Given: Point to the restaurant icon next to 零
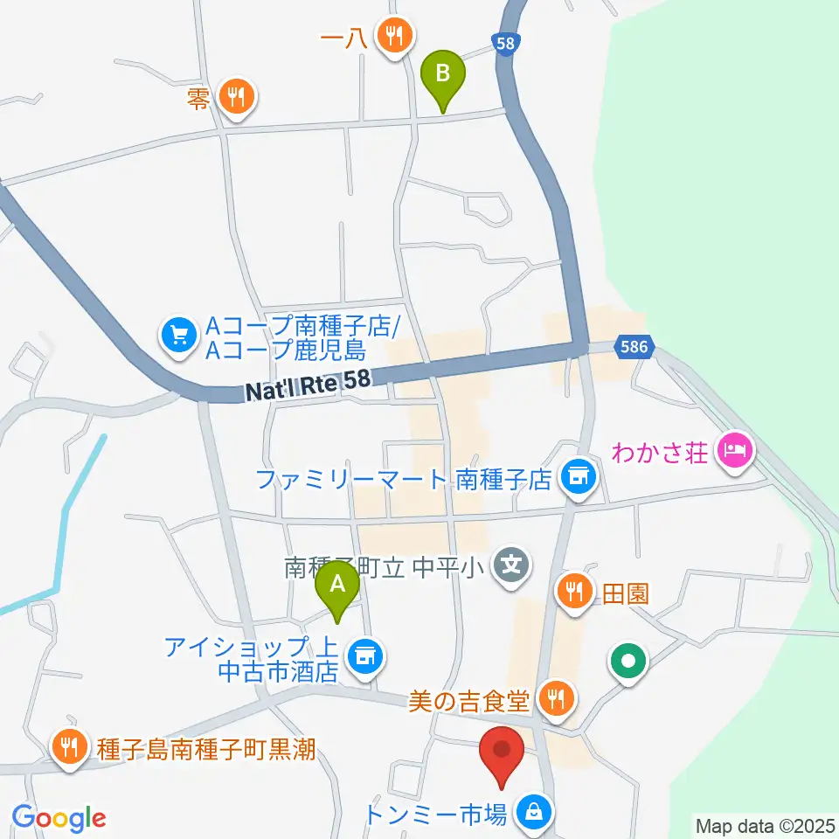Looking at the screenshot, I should (236, 95).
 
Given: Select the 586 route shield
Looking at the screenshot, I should (634, 347).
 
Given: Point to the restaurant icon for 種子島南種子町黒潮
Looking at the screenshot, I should (68, 747).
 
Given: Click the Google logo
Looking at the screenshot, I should (59, 818).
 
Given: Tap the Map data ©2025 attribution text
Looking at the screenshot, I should (766, 825).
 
